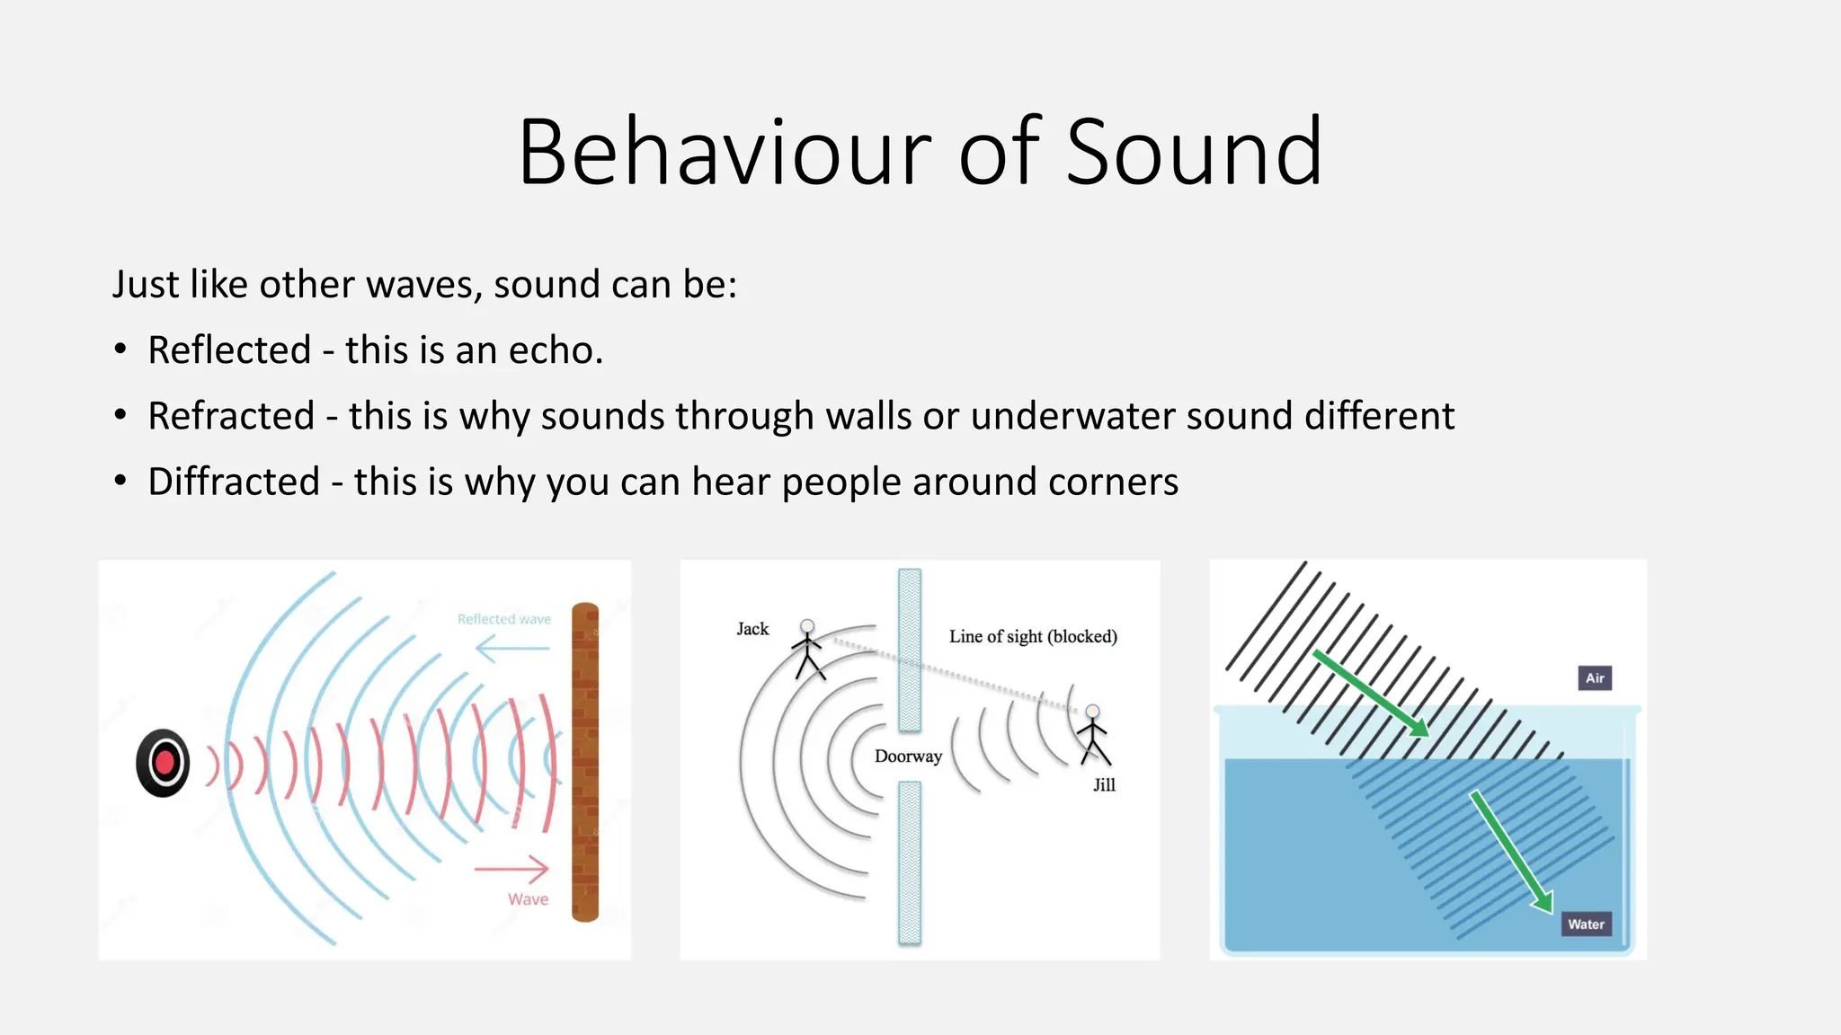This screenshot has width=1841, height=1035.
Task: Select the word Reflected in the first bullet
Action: click(229, 350)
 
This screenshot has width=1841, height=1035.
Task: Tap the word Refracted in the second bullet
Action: click(231, 416)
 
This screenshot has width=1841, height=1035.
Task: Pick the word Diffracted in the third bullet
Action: click(234, 482)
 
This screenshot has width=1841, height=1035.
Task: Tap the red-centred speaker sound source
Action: click(163, 763)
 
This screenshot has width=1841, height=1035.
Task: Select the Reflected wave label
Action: click(503, 619)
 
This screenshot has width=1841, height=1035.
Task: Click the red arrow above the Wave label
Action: click(511, 869)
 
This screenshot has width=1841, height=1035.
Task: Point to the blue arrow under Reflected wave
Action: click(511, 648)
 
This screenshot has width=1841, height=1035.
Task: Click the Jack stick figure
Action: click(807, 649)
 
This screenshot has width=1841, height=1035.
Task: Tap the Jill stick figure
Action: click(1094, 735)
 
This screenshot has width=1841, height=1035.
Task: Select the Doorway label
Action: click(908, 756)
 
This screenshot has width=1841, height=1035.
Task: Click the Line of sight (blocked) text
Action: click(1033, 636)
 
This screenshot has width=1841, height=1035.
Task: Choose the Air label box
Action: click(1595, 678)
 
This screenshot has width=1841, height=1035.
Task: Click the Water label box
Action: click(1586, 924)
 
